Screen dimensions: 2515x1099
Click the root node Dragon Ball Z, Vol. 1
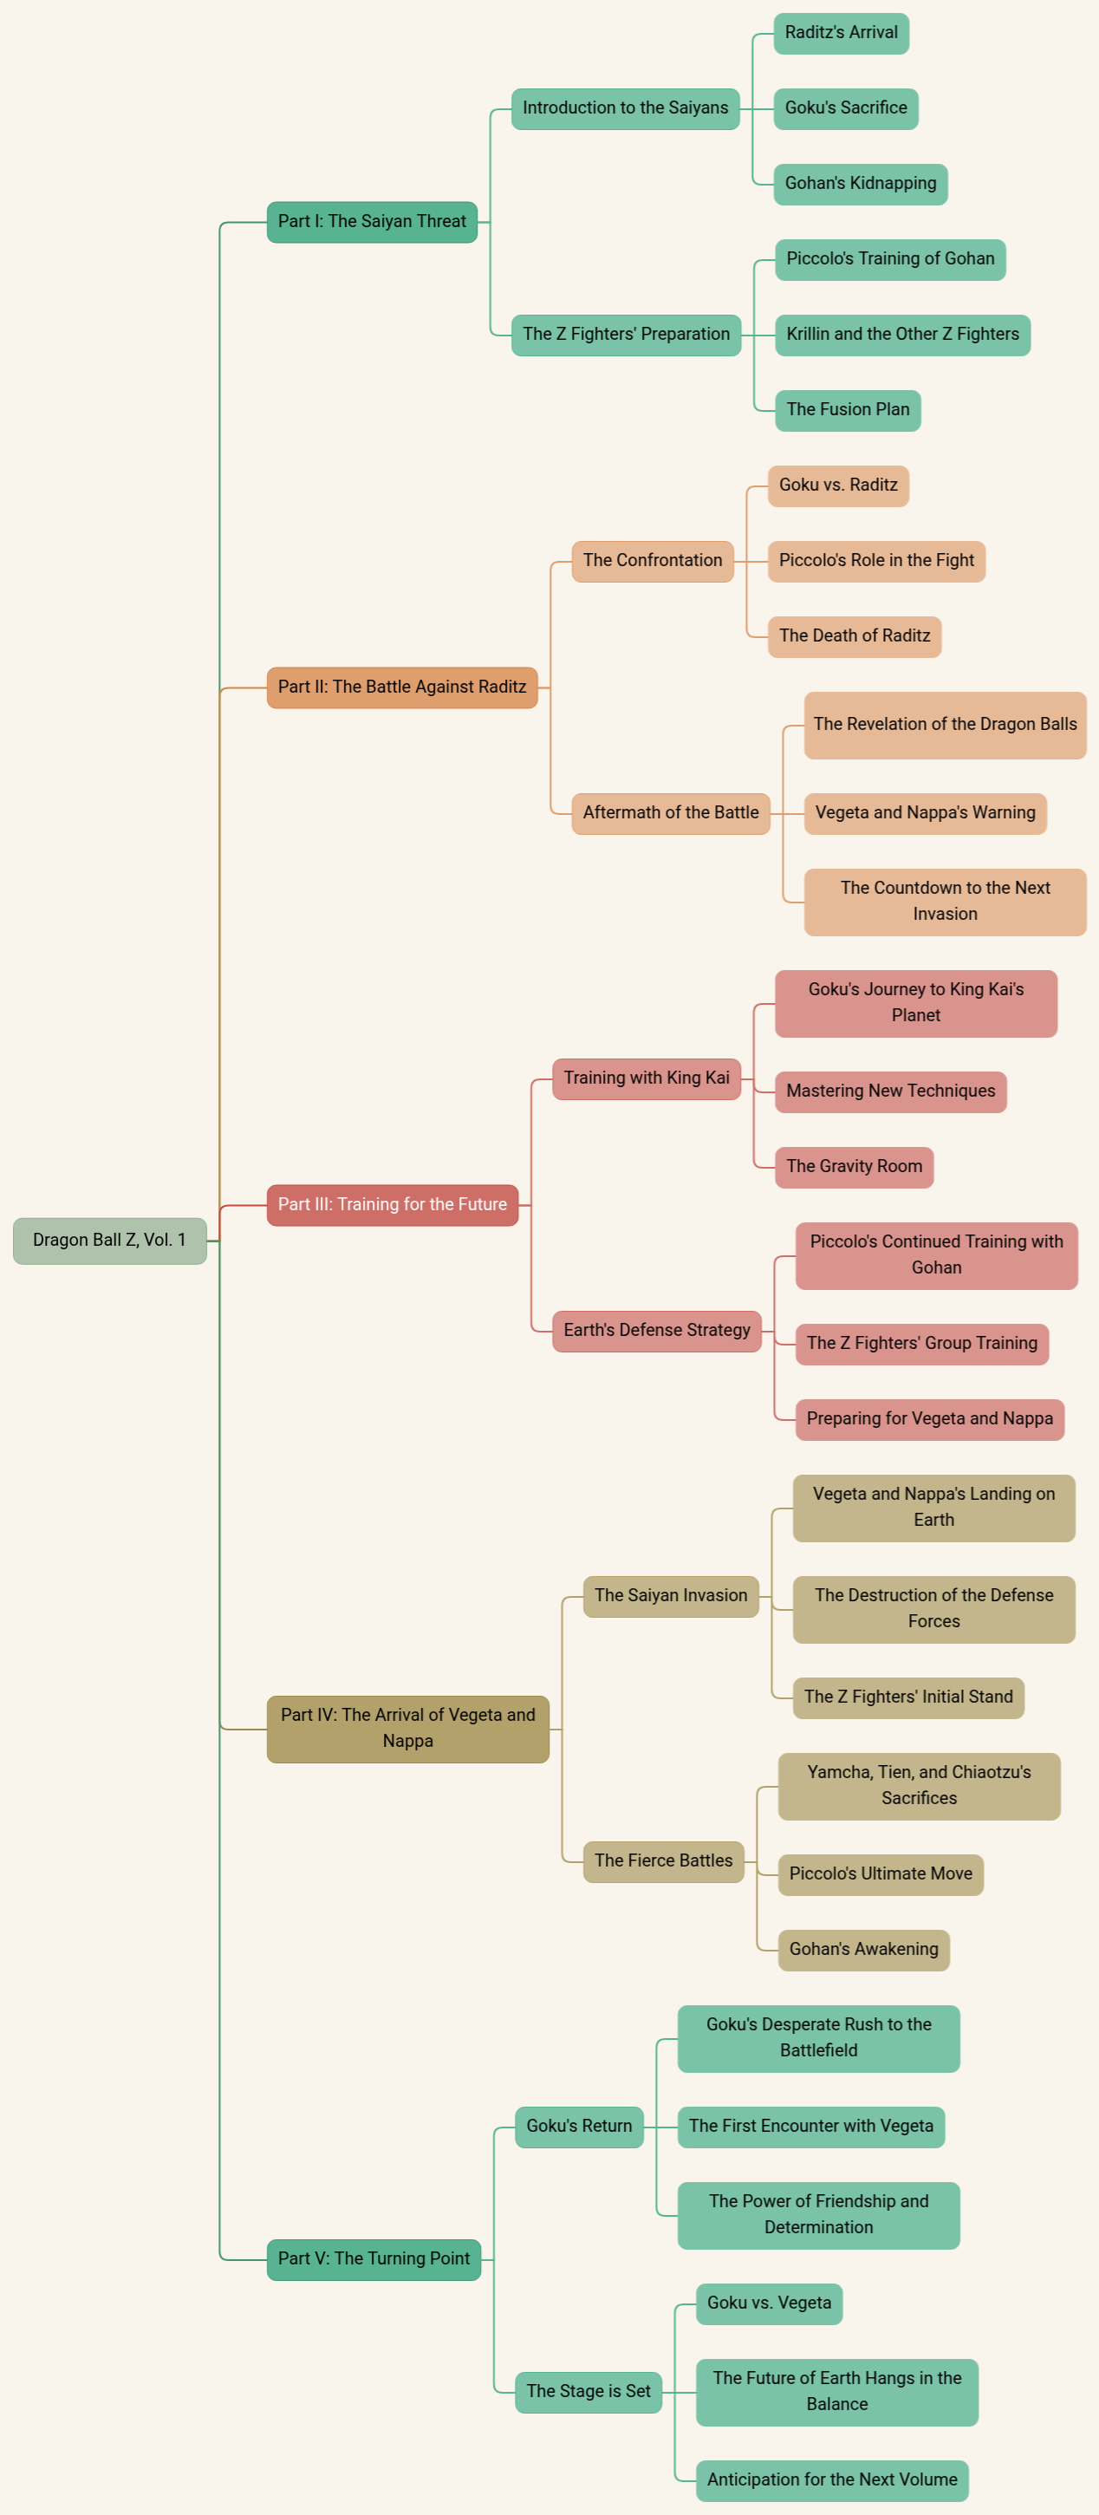click(109, 1240)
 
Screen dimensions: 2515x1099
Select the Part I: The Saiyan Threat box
click(372, 222)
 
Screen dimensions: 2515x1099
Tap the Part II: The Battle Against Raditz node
click(402, 687)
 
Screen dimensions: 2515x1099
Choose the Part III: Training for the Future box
click(393, 1205)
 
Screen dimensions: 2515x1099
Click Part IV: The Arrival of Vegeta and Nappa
click(408, 1728)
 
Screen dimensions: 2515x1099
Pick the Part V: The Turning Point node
click(374, 2259)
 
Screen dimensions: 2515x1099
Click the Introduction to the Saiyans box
click(626, 108)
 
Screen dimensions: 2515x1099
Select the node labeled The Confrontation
click(653, 560)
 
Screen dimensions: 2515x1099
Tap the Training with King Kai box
click(646, 1078)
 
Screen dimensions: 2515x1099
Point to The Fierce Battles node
click(664, 1860)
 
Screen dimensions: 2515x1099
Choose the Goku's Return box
click(579, 2127)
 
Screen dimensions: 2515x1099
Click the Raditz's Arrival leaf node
click(842, 33)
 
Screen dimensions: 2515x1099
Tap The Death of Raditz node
click(855, 636)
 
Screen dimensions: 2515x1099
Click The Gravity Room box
click(854, 1167)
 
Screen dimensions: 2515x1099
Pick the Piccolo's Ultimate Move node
click(881, 1874)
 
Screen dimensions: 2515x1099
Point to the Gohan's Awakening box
click(864, 1950)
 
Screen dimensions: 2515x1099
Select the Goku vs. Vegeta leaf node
click(769, 2303)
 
